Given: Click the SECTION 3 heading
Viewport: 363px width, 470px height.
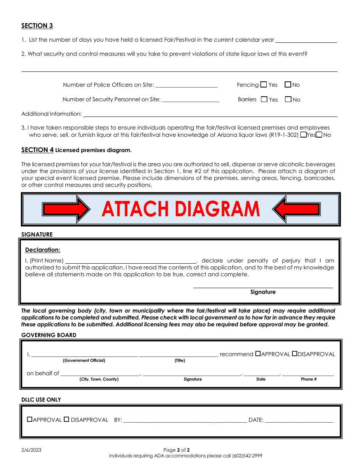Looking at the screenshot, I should point(37,26).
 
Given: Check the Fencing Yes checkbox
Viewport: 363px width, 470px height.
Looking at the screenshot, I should point(264,84).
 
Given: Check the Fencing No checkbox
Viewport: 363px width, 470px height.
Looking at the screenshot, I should point(288,84).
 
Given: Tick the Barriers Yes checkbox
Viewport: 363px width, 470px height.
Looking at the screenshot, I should point(264,99).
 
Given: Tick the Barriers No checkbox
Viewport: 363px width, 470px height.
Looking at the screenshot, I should point(288,99).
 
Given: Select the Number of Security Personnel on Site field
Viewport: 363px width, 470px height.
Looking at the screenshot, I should point(190,99).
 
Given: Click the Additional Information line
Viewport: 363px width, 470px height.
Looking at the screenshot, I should point(210,114).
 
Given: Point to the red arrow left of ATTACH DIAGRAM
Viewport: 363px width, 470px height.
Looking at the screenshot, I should point(66,209).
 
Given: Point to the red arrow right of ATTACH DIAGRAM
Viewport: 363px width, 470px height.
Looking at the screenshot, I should point(297,209).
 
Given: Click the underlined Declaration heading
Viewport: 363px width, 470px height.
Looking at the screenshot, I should point(43,250).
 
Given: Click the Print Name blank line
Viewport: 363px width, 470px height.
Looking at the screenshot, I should point(131,261).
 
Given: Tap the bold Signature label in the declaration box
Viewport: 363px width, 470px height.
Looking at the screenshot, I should point(263,292).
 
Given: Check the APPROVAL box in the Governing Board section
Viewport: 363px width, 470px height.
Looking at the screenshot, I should point(258,354).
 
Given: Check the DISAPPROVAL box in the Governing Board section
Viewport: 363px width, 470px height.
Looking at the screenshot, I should point(295,354).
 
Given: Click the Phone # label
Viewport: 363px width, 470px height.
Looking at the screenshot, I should point(309,379).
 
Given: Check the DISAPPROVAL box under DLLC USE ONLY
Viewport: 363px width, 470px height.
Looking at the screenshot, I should point(66,419).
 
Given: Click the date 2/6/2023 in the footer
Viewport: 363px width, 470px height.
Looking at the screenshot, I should point(31,450).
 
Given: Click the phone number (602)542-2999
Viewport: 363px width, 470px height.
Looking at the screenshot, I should point(247,456).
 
